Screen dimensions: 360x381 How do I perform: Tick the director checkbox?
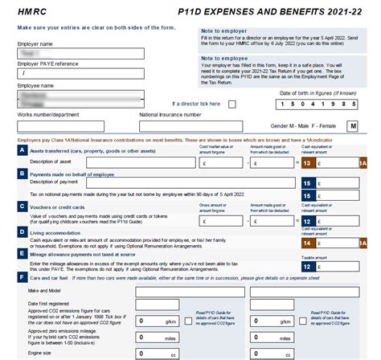coord(232,104)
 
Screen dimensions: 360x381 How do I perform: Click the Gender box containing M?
coord(352,126)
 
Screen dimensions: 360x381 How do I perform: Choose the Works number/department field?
coord(71,126)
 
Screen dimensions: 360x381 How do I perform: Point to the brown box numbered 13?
coord(306,163)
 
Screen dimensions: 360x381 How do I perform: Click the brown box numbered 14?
coord(306,242)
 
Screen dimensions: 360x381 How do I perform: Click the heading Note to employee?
coord(224,58)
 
